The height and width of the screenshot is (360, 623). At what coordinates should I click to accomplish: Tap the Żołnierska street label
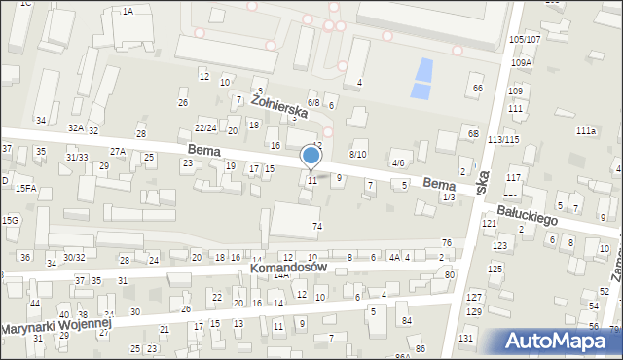coord(279,105)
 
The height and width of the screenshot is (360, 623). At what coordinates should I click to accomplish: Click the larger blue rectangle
coord(423,71)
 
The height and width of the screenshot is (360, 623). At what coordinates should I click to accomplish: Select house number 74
coord(316,226)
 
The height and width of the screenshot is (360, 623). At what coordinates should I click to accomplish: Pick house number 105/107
coord(524,39)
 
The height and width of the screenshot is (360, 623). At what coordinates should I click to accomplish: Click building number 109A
coord(522,62)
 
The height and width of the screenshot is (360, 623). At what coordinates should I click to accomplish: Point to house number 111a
coord(585,130)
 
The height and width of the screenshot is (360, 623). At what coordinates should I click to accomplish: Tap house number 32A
coord(75,127)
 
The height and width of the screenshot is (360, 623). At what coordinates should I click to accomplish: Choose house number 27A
coord(118,151)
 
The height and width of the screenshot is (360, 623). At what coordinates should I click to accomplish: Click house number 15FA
coord(25,188)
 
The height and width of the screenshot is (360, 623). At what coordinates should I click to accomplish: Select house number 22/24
coord(205,127)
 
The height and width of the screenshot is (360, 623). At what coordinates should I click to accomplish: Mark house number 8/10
coord(357,154)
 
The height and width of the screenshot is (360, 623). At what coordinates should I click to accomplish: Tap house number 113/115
coord(504,140)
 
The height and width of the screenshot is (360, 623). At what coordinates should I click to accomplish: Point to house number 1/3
coord(448,197)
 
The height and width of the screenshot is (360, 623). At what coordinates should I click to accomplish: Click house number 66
coord(477,89)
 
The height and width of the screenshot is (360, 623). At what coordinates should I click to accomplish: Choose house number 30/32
coord(74,257)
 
